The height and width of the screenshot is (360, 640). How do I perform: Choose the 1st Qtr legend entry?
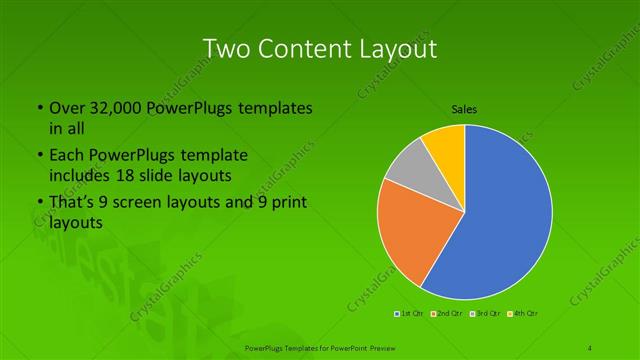coord(410,314)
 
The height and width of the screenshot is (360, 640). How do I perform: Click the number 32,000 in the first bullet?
coord(109,108)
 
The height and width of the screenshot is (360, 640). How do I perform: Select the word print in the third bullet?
coord(284,205)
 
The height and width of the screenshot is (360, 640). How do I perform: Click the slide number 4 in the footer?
coord(590,347)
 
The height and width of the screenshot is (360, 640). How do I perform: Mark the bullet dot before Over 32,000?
coord(38,108)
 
